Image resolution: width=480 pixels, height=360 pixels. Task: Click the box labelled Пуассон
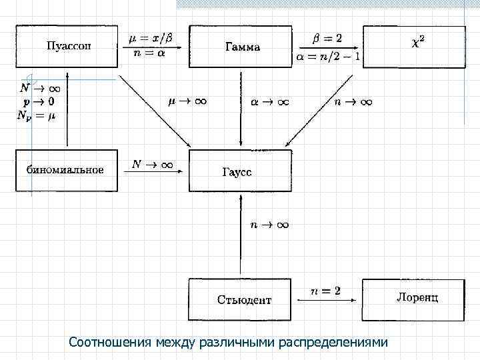(x=67, y=46)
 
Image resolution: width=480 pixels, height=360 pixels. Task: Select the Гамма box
(x=241, y=47)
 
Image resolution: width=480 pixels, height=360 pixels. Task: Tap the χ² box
(x=413, y=46)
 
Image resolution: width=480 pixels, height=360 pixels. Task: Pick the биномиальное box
(x=66, y=170)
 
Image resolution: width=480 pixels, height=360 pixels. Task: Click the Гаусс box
(x=241, y=171)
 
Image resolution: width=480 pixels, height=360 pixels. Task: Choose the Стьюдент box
(x=241, y=299)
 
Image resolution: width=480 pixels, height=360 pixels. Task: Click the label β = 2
(x=327, y=38)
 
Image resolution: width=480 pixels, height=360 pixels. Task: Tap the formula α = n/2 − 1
(x=327, y=57)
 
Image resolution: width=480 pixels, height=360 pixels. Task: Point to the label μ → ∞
(x=187, y=102)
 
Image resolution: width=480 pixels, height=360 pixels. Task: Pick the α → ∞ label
(x=270, y=102)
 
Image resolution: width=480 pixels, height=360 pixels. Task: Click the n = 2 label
(x=326, y=291)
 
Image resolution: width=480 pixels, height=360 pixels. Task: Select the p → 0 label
(x=39, y=101)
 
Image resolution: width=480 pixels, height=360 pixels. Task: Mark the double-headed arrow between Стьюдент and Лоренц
(x=327, y=301)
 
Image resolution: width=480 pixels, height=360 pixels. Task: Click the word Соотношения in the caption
(x=110, y=343)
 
